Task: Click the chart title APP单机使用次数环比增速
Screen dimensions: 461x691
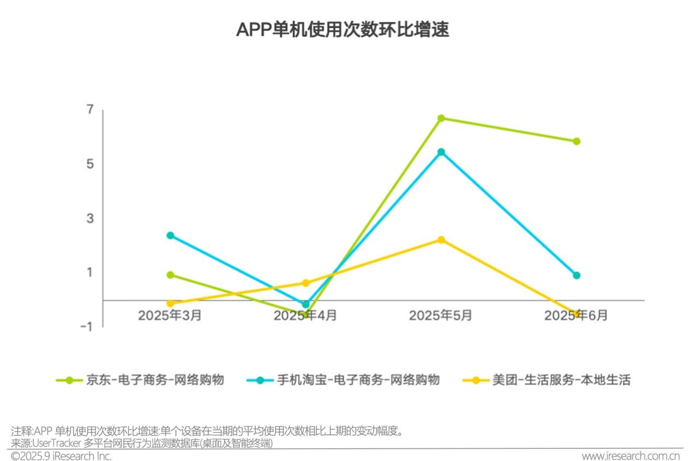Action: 342,30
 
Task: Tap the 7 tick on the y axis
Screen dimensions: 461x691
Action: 91,110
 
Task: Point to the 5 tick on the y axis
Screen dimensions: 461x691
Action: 91,164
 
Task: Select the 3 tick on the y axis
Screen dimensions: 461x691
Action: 91,218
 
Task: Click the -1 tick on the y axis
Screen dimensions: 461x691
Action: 87,326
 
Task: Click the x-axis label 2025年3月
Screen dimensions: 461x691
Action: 170,316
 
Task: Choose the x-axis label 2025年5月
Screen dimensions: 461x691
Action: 441,316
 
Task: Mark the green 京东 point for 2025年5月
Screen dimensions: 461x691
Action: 441,118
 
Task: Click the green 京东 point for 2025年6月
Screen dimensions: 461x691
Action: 576,141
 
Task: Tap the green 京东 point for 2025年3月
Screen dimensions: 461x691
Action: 170,275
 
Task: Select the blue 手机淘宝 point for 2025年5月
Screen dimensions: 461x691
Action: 441,152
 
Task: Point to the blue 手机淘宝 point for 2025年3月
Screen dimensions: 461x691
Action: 170,235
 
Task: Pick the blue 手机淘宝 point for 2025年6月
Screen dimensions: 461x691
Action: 576,275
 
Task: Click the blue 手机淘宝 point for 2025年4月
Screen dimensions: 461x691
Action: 306,304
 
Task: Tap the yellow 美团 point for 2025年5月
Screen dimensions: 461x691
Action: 441,240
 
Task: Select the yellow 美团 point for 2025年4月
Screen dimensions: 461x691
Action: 306,283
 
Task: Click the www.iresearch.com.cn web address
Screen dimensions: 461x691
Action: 630,456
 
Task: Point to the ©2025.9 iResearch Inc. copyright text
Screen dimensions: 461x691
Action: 61,456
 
